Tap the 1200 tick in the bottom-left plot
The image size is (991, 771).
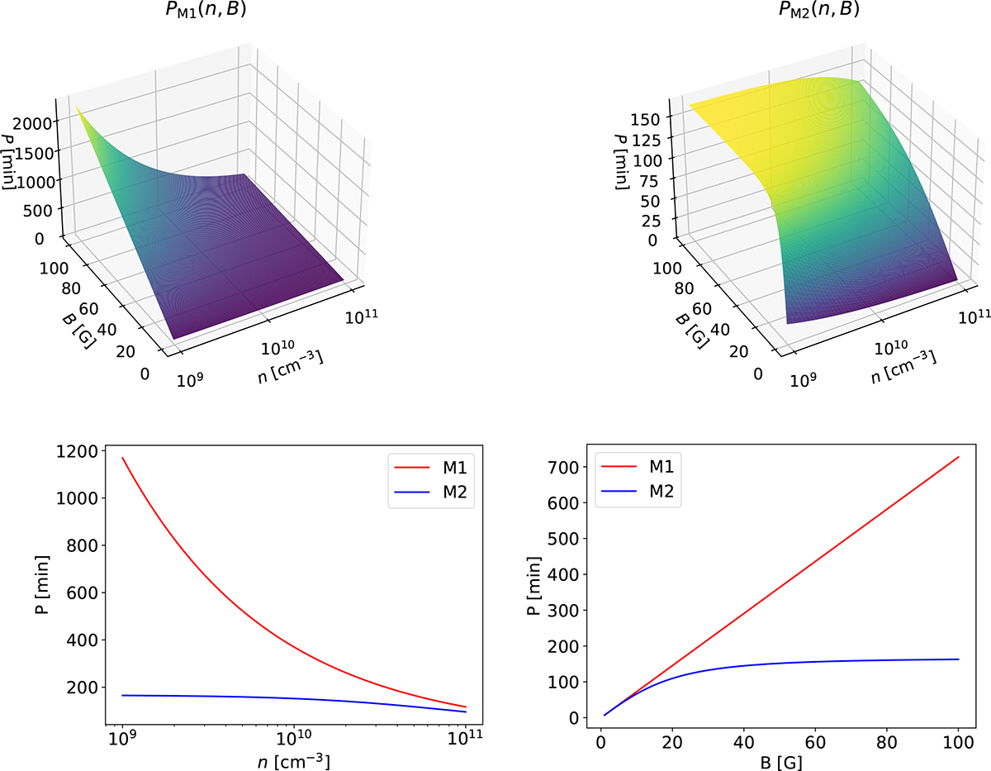point(83,450)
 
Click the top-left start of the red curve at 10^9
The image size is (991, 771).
point(123,458)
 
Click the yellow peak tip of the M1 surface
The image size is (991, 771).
point(77,107)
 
